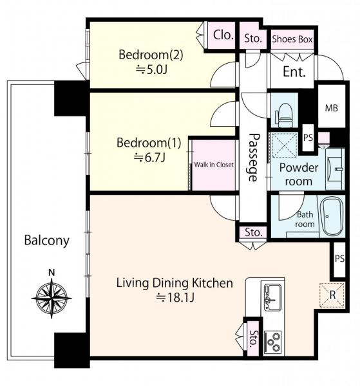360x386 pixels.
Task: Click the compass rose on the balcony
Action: click(52, 298)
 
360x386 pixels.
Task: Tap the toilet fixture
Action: click(284, 115)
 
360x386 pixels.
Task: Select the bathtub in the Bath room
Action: click(332, 216)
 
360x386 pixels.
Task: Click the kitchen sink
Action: click(273, 297)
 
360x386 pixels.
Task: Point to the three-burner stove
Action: click(273, 342)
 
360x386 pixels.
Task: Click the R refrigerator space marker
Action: click(332, 295)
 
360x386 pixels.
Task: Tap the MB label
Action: click(331, 107)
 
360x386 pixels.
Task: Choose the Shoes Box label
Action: click(292, 39)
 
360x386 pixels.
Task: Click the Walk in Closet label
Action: click(214, 165)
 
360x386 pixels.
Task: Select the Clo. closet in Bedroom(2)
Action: click(221, 35)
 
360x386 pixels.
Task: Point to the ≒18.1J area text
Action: click(175, 298)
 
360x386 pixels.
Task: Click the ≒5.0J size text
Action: click(151, 70)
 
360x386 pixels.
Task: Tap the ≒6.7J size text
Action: click(149, 158)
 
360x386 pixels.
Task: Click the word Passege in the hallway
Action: click(254, 158)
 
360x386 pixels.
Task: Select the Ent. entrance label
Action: click(294, 72)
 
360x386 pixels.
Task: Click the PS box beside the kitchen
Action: click(339, 259)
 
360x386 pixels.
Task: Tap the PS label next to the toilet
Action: click(308, 138)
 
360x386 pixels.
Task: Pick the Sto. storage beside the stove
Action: click(253, 338)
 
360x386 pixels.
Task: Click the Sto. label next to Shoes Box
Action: click(253, 39)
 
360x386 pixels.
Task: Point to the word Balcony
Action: click(46, 241)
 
